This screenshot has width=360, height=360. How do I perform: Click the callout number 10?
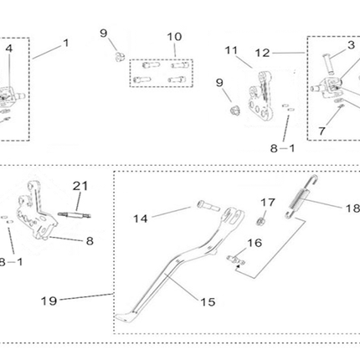coord(174,37)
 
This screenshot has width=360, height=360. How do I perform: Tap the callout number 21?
coord(80,186)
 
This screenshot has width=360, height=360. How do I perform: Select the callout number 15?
coord(208,302)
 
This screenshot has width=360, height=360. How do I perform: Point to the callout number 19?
coord(49,301)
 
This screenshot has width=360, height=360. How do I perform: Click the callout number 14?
coord(141,219)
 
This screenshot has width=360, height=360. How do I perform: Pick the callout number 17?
coord(268,203)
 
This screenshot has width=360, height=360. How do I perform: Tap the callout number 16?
coord(255,243)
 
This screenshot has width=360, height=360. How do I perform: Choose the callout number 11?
coord(231,50)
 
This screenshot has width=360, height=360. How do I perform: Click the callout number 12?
coord(263,53)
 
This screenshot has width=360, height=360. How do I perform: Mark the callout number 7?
coord(322,131)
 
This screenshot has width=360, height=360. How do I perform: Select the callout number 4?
coord(9,49)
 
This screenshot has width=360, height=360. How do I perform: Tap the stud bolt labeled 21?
coord(75,215)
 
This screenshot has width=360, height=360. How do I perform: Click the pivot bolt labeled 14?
coord(208,206)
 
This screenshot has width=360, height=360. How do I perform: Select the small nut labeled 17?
coord(260,222)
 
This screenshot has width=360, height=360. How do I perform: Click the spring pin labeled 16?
coord(236,260)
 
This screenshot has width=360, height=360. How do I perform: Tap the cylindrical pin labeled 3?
coord(328,64)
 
